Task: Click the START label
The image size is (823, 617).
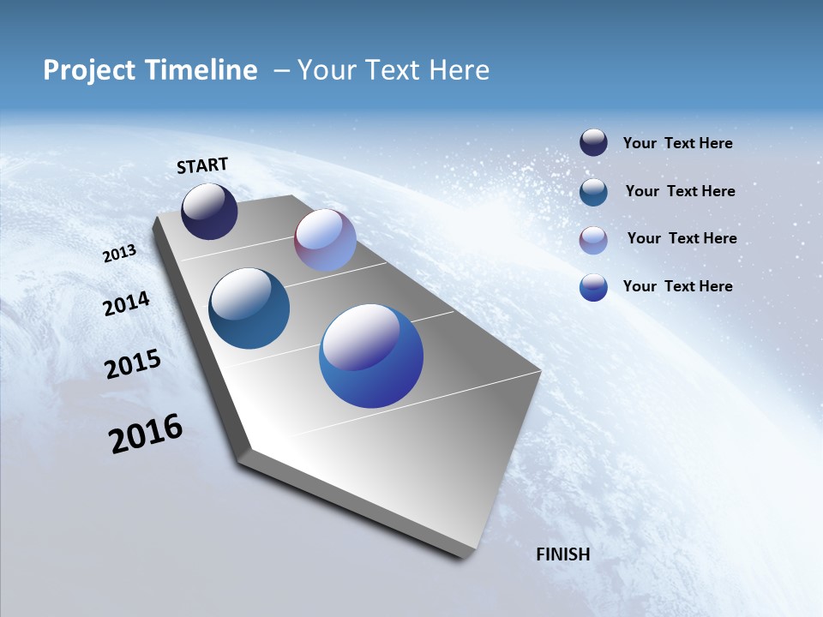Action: click(202, 165)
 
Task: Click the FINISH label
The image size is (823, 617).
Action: click(563, 554)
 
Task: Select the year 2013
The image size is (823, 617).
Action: click(120, 254)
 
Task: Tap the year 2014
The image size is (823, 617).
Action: click(127, 304)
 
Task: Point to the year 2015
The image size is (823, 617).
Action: click(133, 364)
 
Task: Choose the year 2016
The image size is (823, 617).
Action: click(146, 434)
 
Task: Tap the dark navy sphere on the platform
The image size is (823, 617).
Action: click(209, 212)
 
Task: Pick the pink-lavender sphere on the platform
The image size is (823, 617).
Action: click(325, 240)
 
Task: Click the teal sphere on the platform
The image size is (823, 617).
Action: click(249, 308)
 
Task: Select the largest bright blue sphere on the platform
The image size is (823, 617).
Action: click(371, 356)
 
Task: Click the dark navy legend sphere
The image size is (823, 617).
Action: click(593, 143)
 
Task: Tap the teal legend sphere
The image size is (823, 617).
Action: click(593, 192)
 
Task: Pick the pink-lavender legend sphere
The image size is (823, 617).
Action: click(593, 240)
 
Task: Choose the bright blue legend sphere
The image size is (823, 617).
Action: click(593, 287)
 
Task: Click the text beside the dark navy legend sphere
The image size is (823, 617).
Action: click(677, 143)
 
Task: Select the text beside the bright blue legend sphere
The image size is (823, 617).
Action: click(677, 286)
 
